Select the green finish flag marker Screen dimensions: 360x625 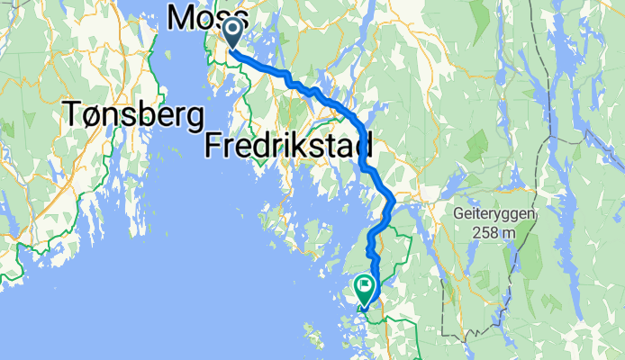click(x=366, y=289)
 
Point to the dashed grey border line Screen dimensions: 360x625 click(x=443, y=297)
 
